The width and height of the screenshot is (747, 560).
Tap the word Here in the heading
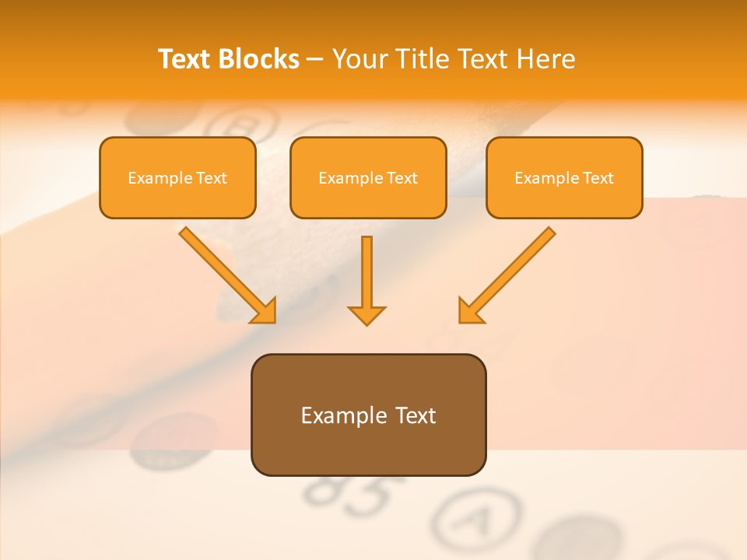(x=545, y=59)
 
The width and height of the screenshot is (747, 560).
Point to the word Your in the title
(x=359, y=59)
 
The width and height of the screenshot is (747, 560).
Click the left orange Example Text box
(x=177, y=177)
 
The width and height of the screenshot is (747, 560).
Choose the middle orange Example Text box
(x=368, y=177)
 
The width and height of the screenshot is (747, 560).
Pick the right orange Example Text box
(x=564, y=177)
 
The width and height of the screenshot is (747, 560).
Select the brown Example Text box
(x=368, y=415)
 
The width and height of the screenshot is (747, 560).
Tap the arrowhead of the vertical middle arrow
(x=366, y=314)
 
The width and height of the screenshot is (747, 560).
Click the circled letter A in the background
(x=475, y=520)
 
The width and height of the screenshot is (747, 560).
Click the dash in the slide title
(x=315, y=60)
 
